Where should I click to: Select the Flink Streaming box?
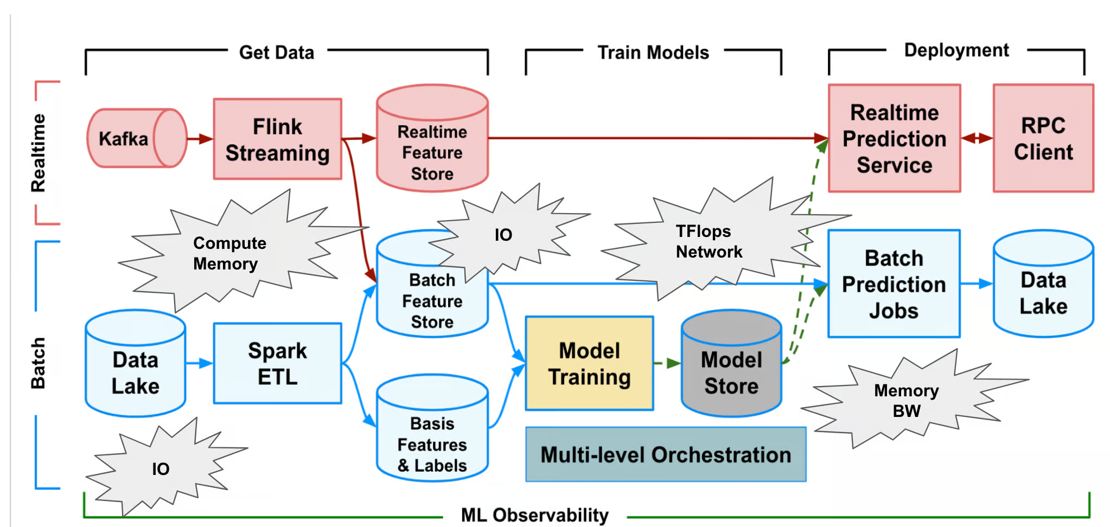(277, 139)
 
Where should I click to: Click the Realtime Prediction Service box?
(894, 139)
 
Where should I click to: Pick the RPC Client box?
(1043, 139)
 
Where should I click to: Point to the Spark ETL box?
(277, 363)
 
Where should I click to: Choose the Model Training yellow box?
(589, 363)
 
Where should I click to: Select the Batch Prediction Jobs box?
(894, 284)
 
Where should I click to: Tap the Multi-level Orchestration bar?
(666, 454)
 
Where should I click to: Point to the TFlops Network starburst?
(708, 241)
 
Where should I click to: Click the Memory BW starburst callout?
(906, 400)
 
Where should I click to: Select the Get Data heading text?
(277, 53)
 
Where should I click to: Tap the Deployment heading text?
(956, 50)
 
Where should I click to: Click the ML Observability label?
(534, 515)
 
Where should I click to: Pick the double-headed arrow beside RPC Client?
(977, 138)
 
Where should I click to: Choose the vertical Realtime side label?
(39, 153)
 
